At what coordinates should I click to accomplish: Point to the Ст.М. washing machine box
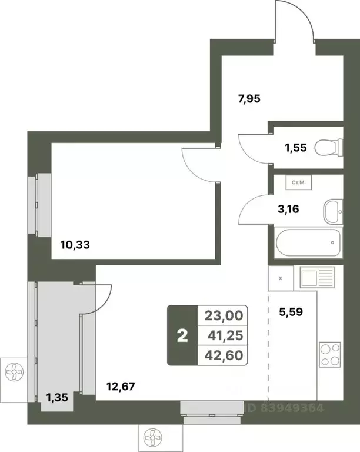coord(298,182)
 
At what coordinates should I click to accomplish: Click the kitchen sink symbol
coord(316,277)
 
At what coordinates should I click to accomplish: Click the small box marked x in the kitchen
coord(281,277)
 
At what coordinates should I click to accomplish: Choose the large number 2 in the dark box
coord(182,336)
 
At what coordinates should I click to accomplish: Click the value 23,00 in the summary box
coord(223,316)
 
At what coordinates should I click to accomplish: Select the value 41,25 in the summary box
coord(223,335)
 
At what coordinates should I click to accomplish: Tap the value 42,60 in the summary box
coord(223,355)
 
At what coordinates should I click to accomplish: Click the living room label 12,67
coord(122,387)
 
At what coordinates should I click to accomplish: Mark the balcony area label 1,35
coord(58,397)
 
